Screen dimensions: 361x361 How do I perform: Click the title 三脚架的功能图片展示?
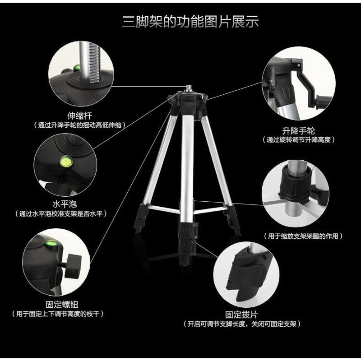coord(190,22)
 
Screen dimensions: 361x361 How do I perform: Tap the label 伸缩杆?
coord(79,116)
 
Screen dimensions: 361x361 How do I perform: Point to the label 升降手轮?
coord(298,131)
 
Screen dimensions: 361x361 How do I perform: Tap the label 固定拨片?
coord(241,315)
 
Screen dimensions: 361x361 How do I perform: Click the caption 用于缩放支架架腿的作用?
coord(303,236)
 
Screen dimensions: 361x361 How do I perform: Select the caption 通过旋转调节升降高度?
coord(298,140)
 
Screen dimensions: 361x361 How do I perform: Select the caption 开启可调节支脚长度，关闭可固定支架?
coord(241,324)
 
